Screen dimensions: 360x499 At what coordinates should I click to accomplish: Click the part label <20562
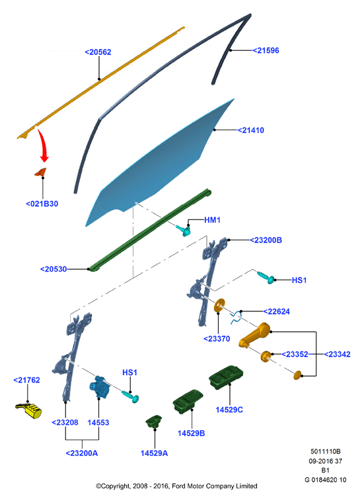coord(98,52)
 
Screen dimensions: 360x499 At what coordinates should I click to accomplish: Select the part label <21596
coord(266,51)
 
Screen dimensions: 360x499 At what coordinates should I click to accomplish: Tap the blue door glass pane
coord(159,163)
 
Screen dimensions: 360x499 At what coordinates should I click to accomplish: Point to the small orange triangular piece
coord(41,172)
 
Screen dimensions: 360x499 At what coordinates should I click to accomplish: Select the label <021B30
coord(42,204)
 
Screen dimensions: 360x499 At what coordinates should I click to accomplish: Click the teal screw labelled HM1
coord(184,229)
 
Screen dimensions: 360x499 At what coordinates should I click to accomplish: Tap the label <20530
coord(54,269)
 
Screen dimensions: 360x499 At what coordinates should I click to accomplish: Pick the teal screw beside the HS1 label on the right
coord(266,277)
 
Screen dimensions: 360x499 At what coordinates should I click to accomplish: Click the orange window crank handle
coord(254,335)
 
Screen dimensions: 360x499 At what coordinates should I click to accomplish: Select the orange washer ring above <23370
coord(219,305)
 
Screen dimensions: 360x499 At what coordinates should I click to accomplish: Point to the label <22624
coord(277,311)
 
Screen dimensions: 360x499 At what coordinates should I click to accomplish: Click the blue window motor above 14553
coord(100,386)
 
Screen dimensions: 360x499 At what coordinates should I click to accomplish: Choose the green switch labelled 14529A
coord(154,421)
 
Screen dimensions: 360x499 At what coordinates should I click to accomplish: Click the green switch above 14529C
coord(226,378)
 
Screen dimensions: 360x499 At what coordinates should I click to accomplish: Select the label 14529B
coord(191,434)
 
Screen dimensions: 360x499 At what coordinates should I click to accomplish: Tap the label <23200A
coord(82,453)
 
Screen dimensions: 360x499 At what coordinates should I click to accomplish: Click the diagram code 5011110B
coord(326,451)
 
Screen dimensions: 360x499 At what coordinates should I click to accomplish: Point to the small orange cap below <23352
coord(297,375)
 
